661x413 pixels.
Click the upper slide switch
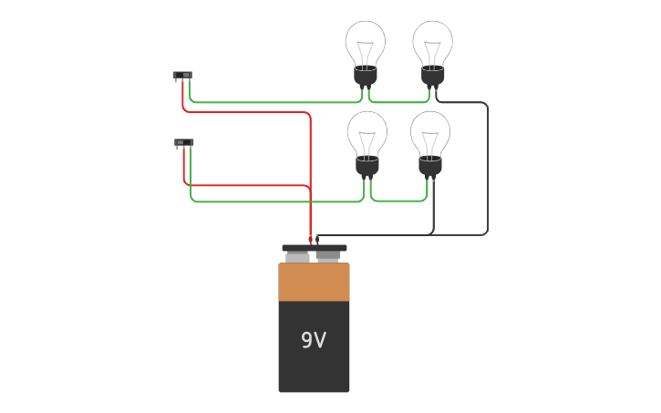182,75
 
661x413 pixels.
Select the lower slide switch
183,142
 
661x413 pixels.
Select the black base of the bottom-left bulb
367,167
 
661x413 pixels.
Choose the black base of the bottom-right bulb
430,167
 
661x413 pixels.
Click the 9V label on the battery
314,340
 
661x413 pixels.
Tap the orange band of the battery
314,282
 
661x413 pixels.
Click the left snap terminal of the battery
298,257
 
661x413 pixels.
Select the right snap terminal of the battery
328,256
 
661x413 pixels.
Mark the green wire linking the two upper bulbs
398,102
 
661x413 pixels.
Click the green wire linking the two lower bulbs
398,201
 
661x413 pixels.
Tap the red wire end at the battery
311,240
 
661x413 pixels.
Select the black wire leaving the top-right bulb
487,164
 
